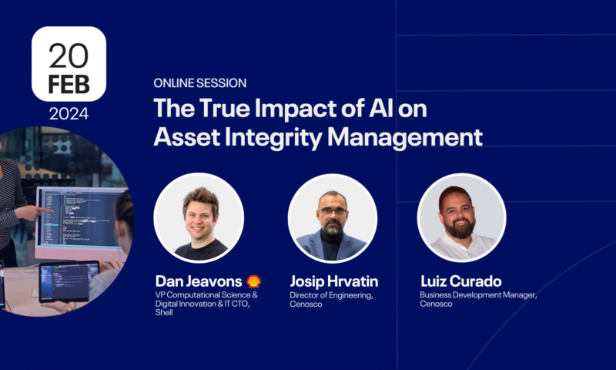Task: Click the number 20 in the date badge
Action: (69, 55)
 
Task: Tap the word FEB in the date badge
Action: (69, 85)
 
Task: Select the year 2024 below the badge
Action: (69, 114)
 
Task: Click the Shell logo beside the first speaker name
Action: (253, 281)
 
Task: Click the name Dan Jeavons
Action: (197, 281)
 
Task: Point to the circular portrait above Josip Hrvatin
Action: (332, 218)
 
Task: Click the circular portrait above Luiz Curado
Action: (461, 218)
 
